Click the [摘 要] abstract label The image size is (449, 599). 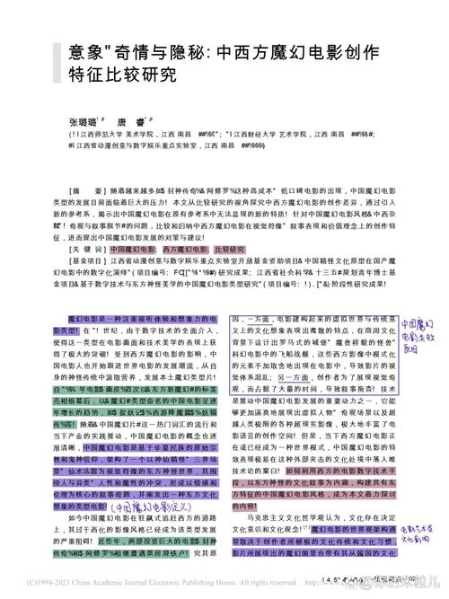pyautogui.click(x=86, y=190)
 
